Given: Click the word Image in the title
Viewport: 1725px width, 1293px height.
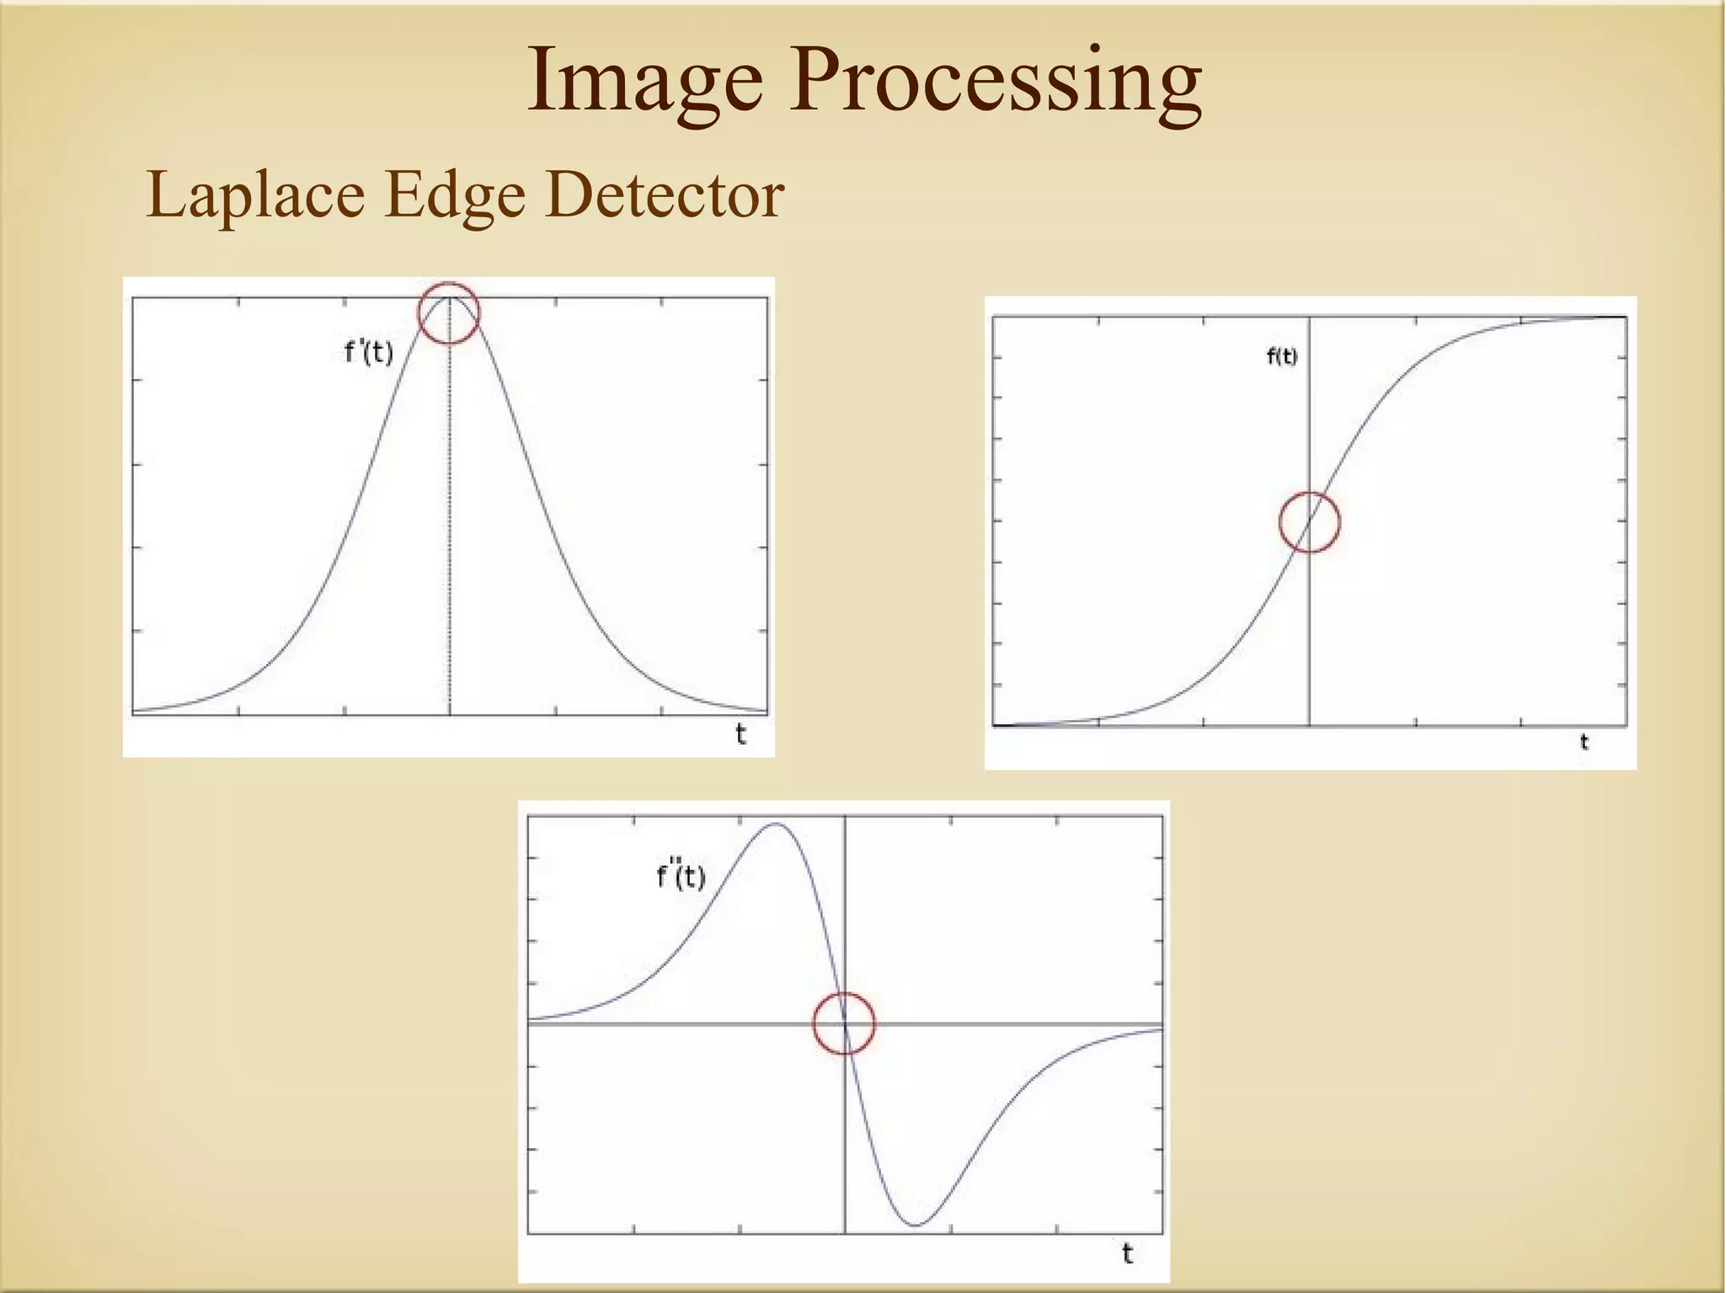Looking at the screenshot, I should coord(645,83).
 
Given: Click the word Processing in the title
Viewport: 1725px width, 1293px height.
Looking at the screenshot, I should coord(996,83).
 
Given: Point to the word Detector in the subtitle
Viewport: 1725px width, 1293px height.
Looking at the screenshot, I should coord(665,195).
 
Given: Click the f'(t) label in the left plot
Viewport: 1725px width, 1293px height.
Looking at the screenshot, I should coord(369,351).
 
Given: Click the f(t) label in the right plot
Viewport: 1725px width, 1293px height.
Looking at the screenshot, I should coord(1282,356).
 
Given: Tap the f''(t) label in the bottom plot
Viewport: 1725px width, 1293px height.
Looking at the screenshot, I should coord(681,876).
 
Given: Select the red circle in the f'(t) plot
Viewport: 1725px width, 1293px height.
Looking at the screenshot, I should coord(449,313).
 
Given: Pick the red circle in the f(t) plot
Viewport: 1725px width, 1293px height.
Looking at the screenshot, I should coord(1309,522).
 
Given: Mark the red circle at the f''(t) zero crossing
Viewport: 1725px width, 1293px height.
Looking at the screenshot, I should coord(844,1023).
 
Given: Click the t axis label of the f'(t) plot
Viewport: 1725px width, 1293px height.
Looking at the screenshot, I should coord(740,735).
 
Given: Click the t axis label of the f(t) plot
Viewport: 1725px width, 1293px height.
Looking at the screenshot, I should coord(1583,742).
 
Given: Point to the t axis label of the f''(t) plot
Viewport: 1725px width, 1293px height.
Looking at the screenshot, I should coord(1127,1254).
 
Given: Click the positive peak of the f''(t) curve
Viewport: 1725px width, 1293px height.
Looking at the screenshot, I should coord(775,825).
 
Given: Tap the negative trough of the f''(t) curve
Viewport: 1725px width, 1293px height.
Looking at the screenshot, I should coord(916,1224).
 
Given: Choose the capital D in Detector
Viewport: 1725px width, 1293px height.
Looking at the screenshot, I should coord(570,195).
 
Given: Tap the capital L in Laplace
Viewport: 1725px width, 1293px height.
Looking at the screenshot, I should coord(164,195).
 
